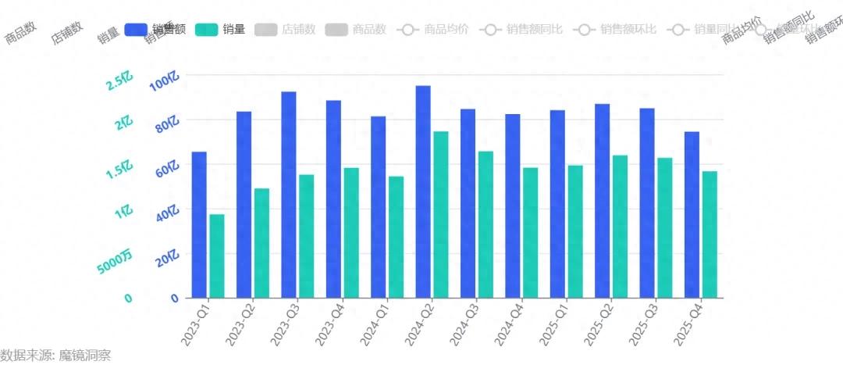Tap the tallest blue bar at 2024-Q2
pyautogui.click(x=423, y=191)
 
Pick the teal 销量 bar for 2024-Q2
pyautogui.click(x=441, y=215)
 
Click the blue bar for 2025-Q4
pyautogui.click(x=692, y=215)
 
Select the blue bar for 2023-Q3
pyautogui.click(x=289, y=195)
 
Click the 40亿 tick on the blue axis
pyautogui.click(x=167, y=214)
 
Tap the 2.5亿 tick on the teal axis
pyautogui.click(x=119, y=81)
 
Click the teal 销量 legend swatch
pyautogui.click(x=206, y=30)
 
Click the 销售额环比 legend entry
pyautogui.click(x=618, y=30)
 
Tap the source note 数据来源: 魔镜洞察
pyautogui.click(x=55, y=356)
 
